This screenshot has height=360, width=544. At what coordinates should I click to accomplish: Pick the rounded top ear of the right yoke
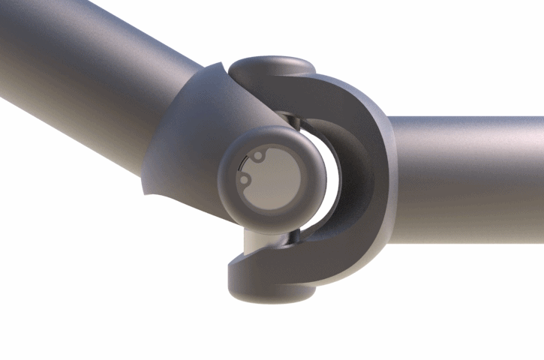click(270, 67)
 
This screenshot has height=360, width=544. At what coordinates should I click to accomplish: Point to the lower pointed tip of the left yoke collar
click(146, 191)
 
